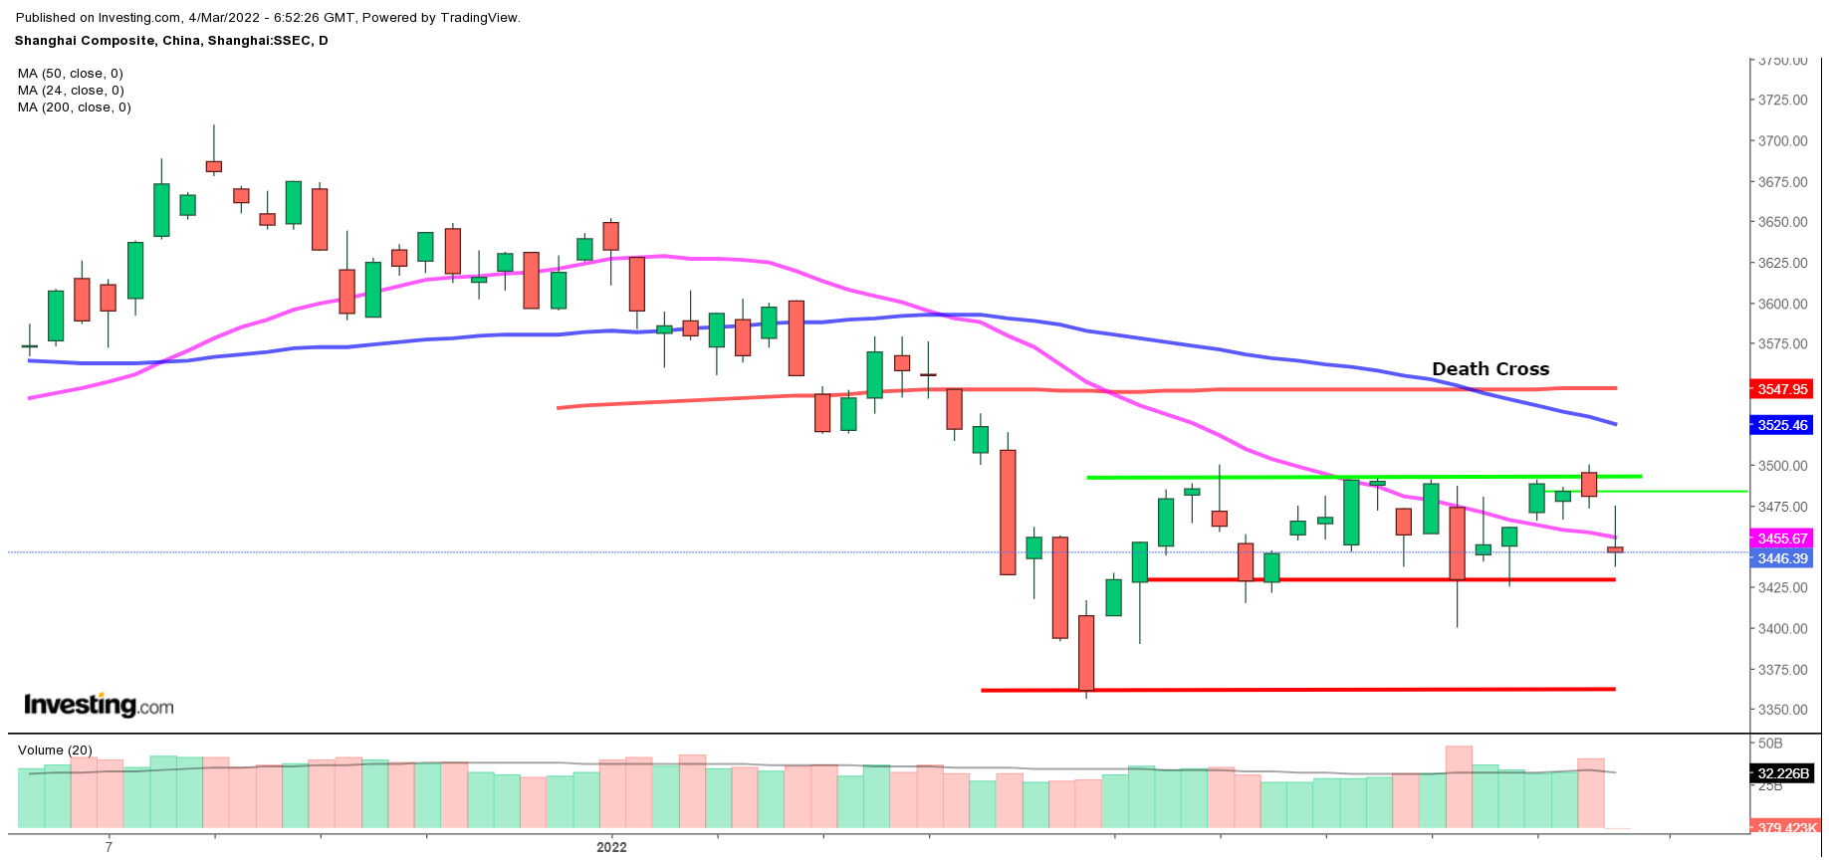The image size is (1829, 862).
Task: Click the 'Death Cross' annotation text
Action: point(1489,369)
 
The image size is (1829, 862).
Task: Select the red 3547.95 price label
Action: point(1781,389)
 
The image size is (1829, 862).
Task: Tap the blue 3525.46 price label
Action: point(1781,425)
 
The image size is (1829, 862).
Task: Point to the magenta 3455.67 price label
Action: point(1781,539)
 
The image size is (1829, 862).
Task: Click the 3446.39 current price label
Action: point(1781,558)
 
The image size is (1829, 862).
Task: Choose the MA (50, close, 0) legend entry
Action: point(70,74)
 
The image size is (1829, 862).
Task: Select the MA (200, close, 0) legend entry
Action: point(74,108)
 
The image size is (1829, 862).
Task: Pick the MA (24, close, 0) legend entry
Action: point(70,91)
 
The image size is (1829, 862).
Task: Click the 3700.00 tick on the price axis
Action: point(1782,141)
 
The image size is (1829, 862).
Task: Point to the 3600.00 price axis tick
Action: point(1782,304)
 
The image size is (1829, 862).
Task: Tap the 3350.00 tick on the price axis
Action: point(1782,710)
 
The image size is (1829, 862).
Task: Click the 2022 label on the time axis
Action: point(611,847)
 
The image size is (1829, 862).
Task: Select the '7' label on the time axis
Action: point(109,847)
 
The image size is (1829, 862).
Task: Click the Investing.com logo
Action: point(99,706)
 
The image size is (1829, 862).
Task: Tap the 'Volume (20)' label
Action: point(55,751)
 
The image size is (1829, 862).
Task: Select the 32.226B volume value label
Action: point(1781,773)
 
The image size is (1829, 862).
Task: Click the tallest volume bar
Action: point(1459,786)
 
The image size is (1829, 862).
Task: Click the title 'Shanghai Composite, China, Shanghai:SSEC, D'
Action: point(171,41)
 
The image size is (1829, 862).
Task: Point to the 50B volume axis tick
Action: point(1770,744)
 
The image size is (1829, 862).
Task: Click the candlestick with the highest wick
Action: point(213,165)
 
